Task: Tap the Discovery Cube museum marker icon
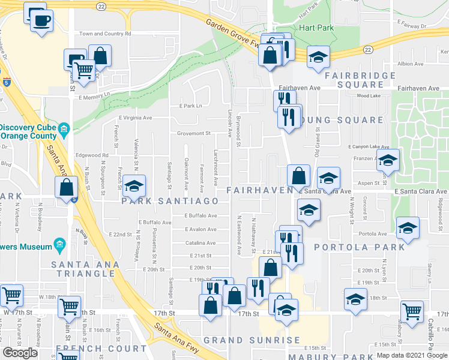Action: (64, 128)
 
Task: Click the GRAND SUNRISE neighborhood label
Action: (252, 340)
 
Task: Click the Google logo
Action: (20, 353)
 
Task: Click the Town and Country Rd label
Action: (105, 34)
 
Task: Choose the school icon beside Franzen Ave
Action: (388, 160)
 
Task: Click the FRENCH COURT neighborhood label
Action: (101, 349)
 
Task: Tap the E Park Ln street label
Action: (193, 106)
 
